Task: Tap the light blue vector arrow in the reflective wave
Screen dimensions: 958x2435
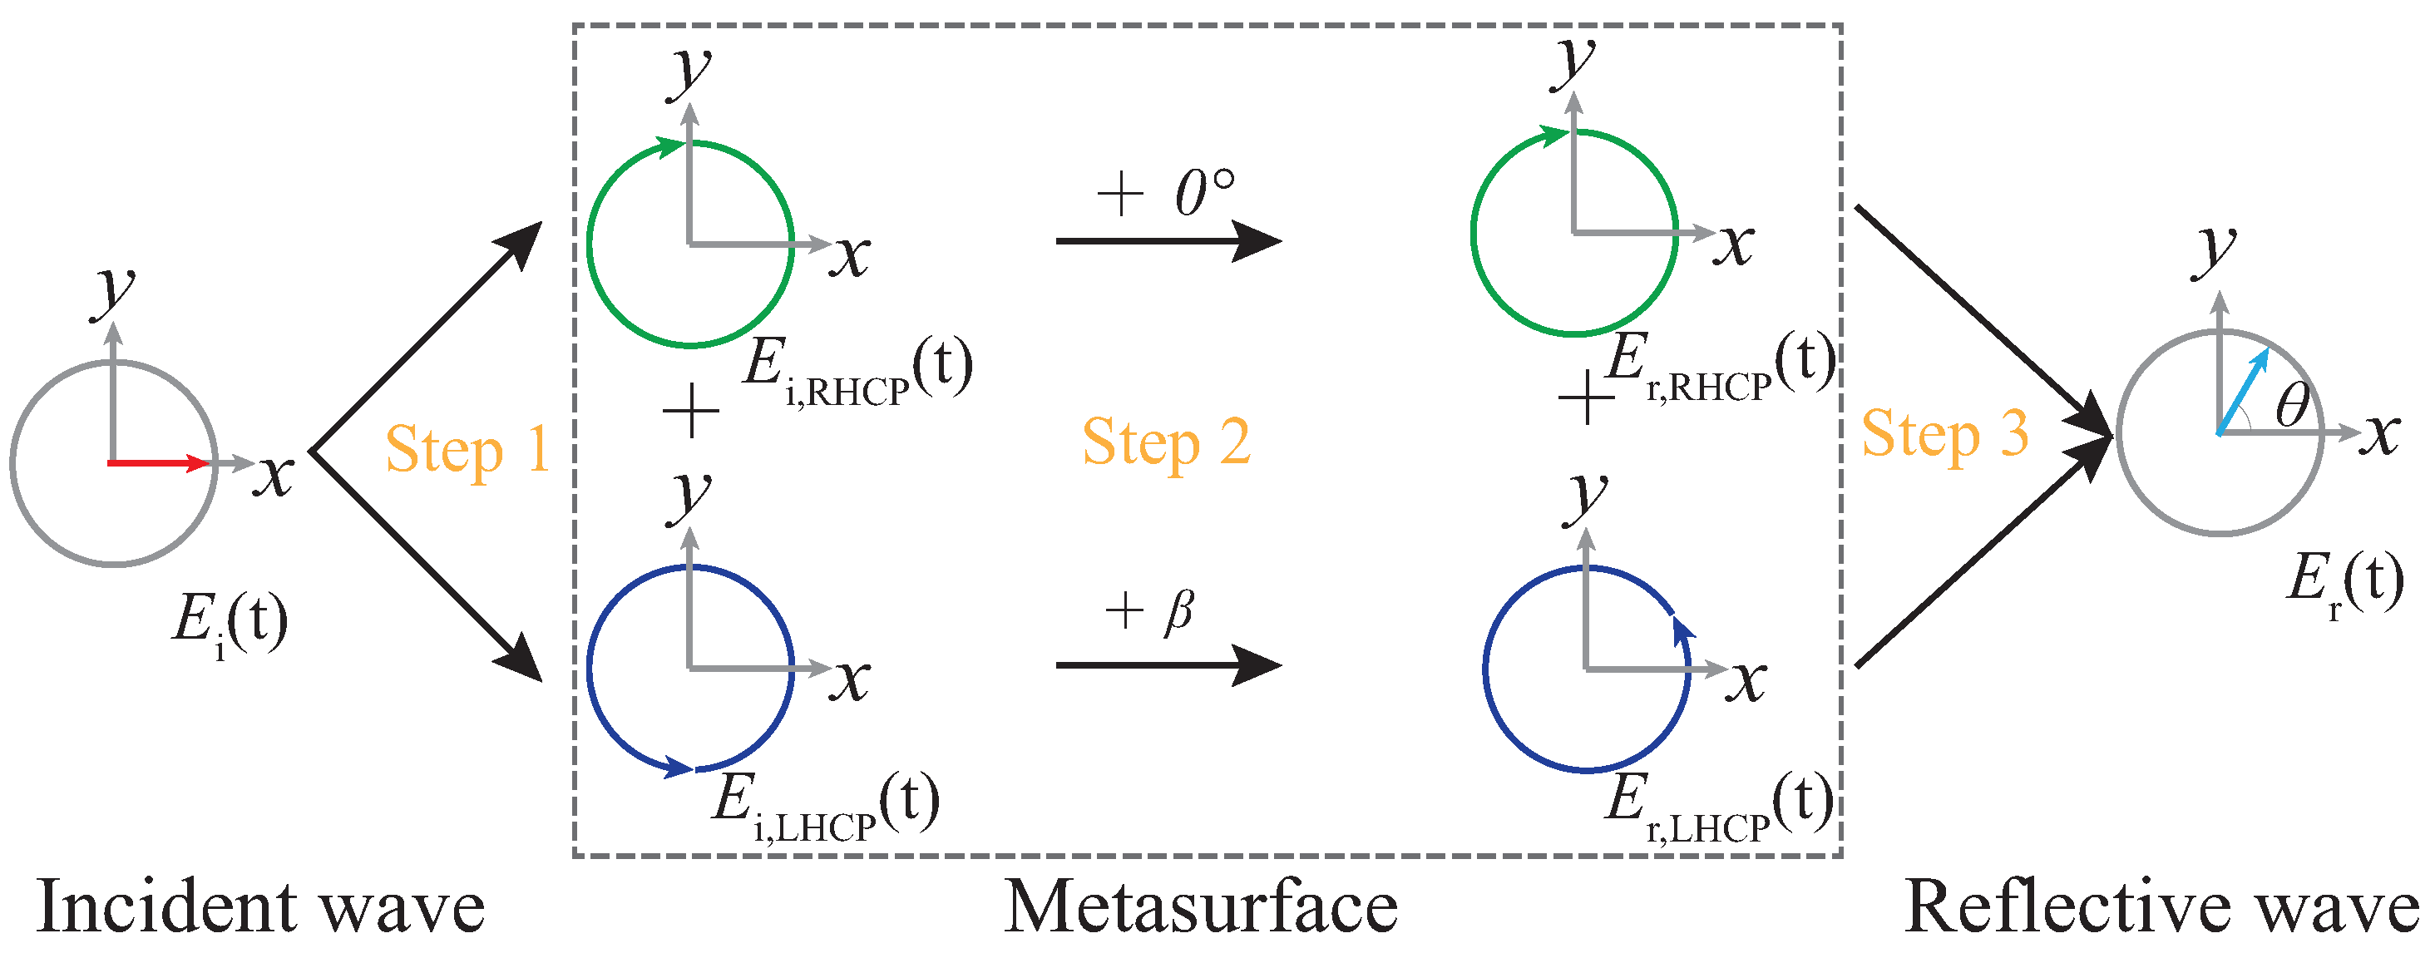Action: click(x=2243, y=392)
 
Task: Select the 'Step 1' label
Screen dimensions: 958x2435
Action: click(x=467, y=450)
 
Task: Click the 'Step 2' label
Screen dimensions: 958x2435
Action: click(x=1167, y=442)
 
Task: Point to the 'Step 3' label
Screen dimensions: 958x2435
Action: click(x=1944, y=435)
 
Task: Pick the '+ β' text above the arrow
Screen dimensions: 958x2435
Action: click(x=1149, y=610)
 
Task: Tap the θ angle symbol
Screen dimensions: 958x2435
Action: click(x=2291, y=407)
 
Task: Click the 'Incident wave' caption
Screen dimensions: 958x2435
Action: click(x=261, y=907)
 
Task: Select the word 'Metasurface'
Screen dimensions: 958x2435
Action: click(x=1201, y=907)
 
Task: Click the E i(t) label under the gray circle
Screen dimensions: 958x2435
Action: click(x=230, y=624)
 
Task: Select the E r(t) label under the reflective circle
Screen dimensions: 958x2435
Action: click(x=2344, y=582)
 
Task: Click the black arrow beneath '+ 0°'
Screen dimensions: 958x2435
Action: click(x=1168, y=241)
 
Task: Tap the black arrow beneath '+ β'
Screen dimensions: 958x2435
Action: click(x=1168, y=665)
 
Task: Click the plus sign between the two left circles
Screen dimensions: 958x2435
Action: click(x=691, y=411)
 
